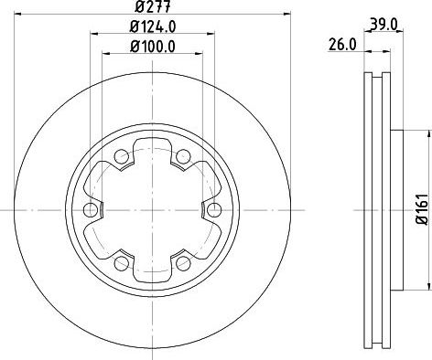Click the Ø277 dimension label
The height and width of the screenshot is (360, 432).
153,6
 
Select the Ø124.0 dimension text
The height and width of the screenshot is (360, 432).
153,26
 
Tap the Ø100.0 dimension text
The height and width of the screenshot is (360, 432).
153,47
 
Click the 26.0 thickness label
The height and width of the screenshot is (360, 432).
342,45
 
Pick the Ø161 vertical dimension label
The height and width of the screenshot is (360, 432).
424,209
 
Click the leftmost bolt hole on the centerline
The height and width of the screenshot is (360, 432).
91,209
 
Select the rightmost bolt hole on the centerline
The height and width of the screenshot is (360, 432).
214,209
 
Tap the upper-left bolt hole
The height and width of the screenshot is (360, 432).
122,156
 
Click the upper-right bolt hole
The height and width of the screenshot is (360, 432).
183,156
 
